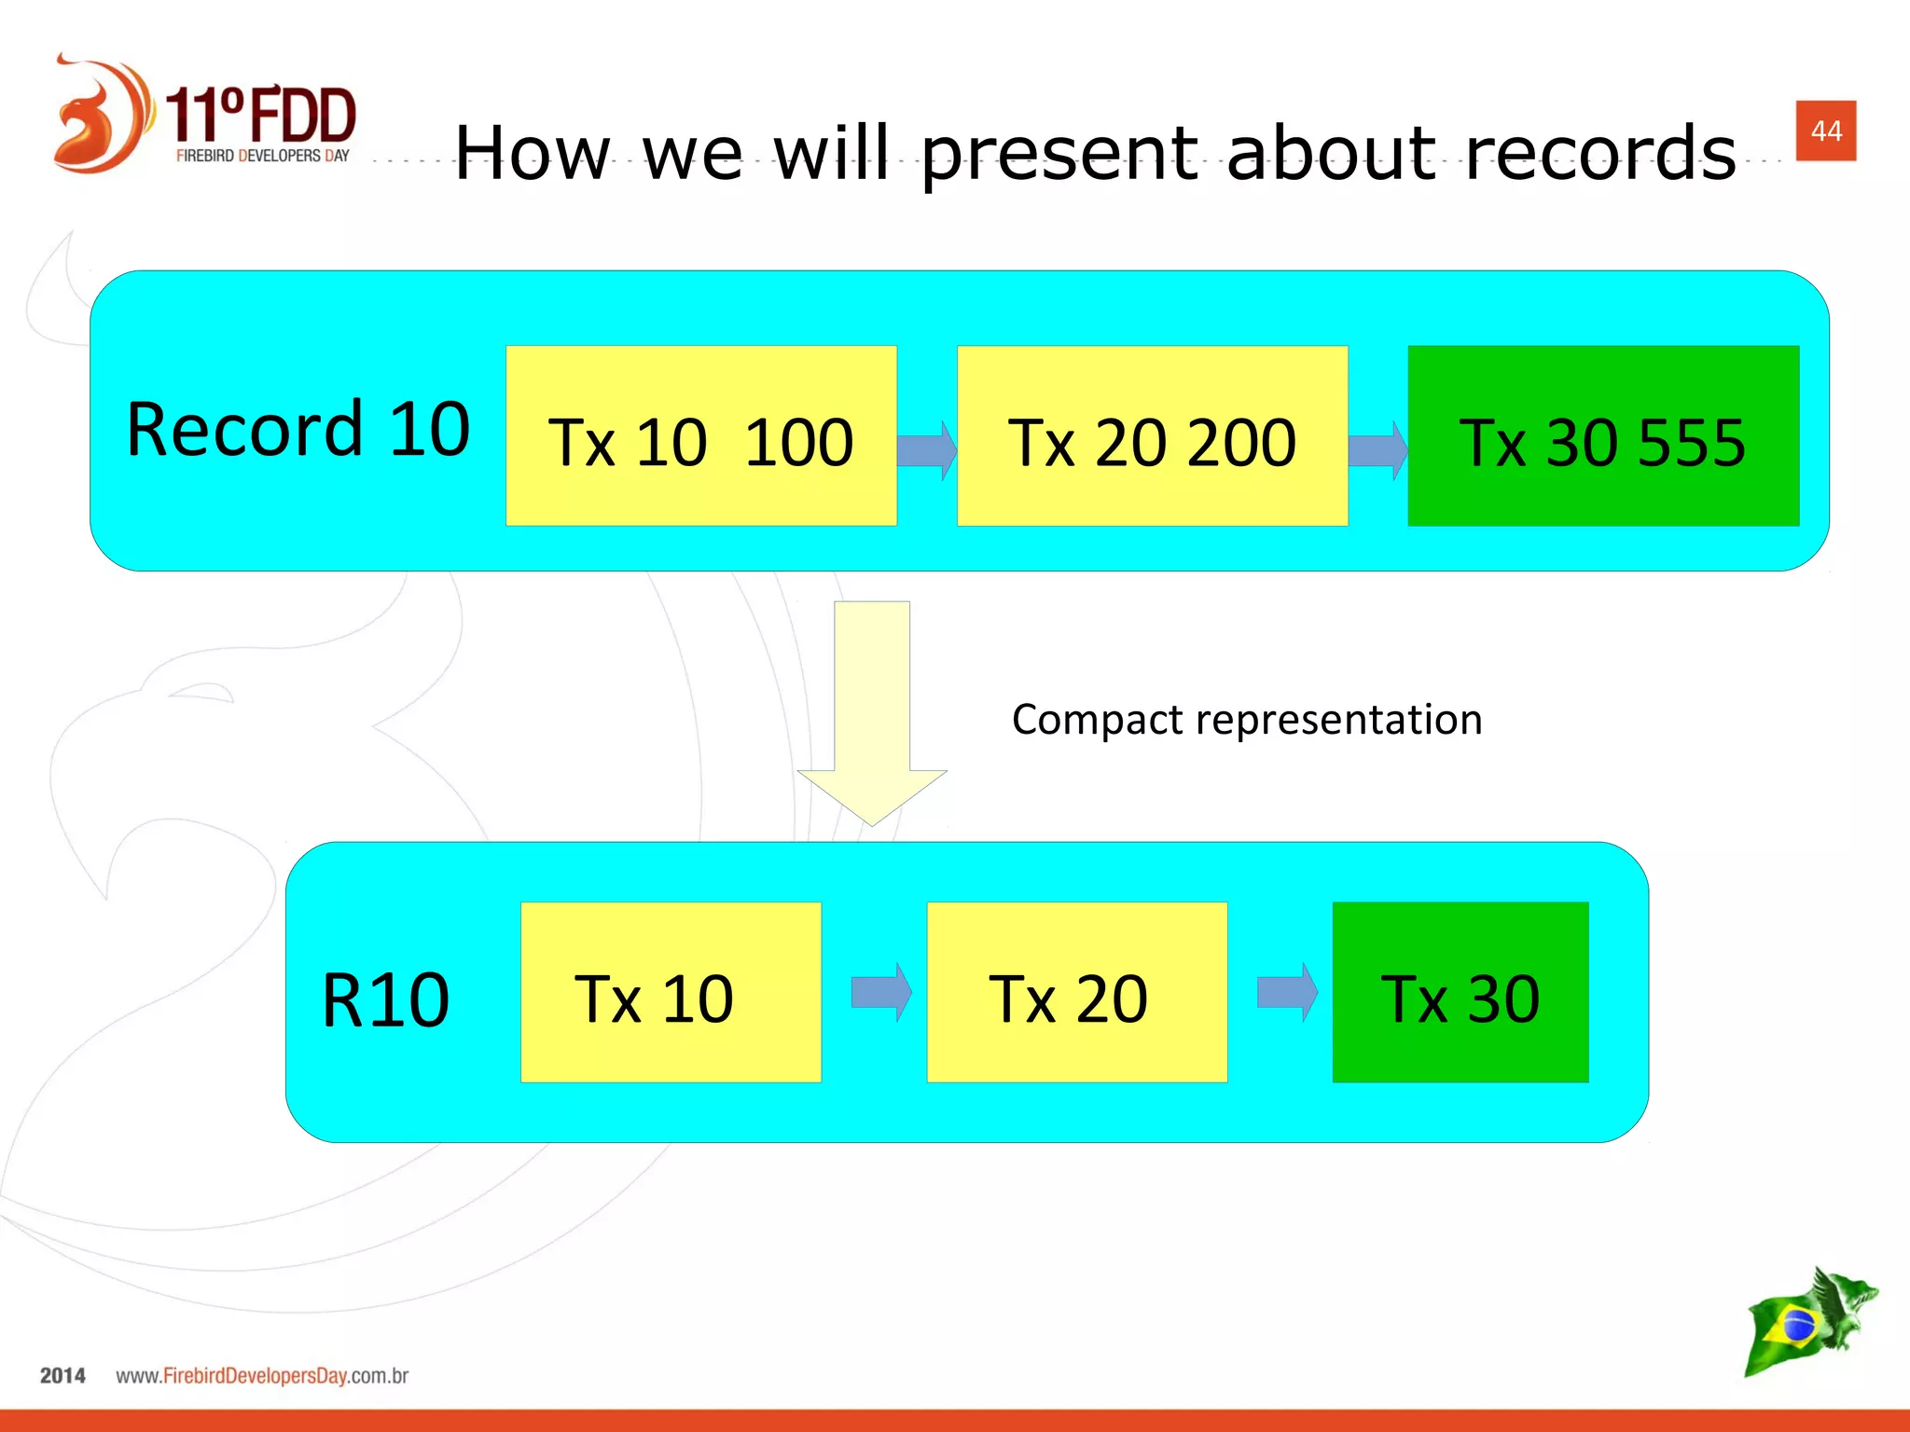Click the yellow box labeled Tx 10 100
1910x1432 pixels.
click(700, 436)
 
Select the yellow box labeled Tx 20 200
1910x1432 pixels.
click(1152, 436)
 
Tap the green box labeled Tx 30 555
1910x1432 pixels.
click(1602, 436)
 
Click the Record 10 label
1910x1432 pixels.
click(298, 430)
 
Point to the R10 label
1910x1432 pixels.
click(385, 1000)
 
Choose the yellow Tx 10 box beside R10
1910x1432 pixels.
click(670, 992)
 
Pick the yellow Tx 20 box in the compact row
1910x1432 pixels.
click(1076, 992)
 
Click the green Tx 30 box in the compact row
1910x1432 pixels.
click(1460, 992)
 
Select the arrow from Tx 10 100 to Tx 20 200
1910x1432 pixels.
click(926, 451)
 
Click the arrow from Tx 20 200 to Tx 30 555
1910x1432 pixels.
click(1377, 451)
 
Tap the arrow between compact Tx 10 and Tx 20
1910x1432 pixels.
click(881, 992)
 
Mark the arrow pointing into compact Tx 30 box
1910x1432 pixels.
click(1287, 992)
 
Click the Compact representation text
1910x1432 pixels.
click(1247, 720)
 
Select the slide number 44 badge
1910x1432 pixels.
click(1825, 131)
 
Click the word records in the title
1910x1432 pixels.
click(1600, 153)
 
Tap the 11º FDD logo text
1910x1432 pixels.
click(261, 117)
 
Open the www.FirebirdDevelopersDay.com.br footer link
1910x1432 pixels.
click(262, 1376)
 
